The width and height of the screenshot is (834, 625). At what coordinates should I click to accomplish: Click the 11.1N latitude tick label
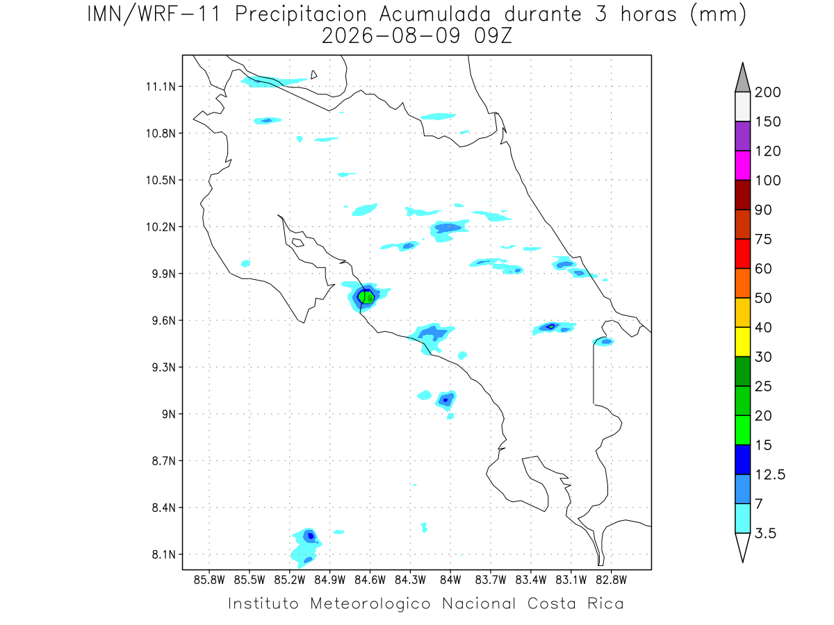pyautogui.click(x=161, y=87)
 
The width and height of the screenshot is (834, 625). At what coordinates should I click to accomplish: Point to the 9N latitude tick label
pyautogui.click(x=169, y=414)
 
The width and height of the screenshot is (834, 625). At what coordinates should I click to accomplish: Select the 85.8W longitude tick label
pyautogui.click(x=209, y=580)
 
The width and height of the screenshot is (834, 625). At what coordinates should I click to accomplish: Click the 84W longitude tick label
pyautogui.click(x=450, y=580)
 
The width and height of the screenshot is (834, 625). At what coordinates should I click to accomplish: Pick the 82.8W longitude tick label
pyautogui.click(x=611, y=580)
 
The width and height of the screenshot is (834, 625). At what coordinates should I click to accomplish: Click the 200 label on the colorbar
pyautogui.click(x=767, y=92)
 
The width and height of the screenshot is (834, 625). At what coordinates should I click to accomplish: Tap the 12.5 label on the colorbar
pyautogui.click(x=770, y=475)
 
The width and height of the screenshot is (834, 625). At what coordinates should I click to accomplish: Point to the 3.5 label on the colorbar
pyautogui.click(x=765, y=533)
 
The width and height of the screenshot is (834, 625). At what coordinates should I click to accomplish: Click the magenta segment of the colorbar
pyautogui.click(x=742, y=165)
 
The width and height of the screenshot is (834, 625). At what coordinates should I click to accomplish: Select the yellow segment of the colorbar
pyautogui.click(x=742, y=342)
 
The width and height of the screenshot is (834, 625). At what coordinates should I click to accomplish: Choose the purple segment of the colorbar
pyautogui.click(x=742, y=136)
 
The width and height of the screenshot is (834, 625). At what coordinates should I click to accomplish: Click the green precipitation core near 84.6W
pyautogui.click(x=366, y=297)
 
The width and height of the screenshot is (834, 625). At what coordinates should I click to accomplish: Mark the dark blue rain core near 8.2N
pyautogui.click(x=311, y=536)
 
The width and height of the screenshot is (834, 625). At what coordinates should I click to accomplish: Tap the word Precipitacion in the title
pyautogui.click(x=300, y=15)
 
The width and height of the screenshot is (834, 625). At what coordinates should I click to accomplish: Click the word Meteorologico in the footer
pyautogui.click(x=370, y=604)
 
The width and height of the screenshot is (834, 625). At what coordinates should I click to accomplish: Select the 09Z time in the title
pyautogui.click(x=493, y=36)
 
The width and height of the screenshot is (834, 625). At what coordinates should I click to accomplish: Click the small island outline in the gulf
pyautogui.click(x=298, y=242)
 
